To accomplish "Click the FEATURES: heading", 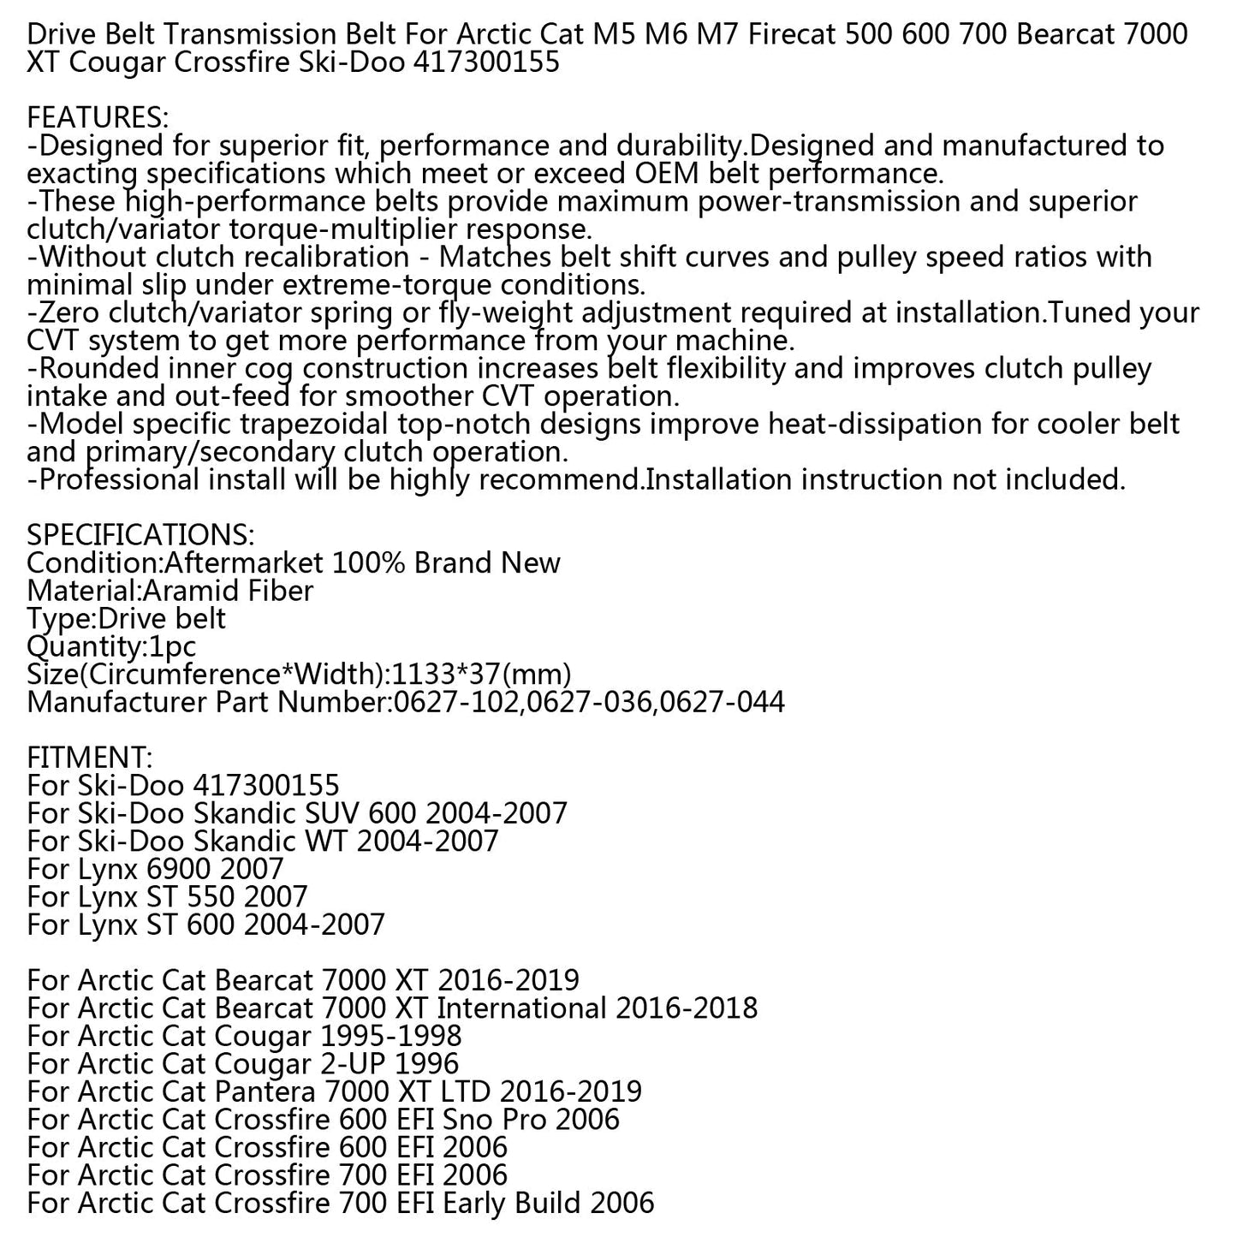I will [98, 118].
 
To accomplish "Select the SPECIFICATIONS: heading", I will [140, 535].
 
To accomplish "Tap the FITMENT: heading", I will [90, 758].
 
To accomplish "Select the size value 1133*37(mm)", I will [481, 675].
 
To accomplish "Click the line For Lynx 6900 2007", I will [155, 869].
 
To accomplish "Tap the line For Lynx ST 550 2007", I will [167, 897].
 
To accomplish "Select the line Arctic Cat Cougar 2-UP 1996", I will [243, 1064].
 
